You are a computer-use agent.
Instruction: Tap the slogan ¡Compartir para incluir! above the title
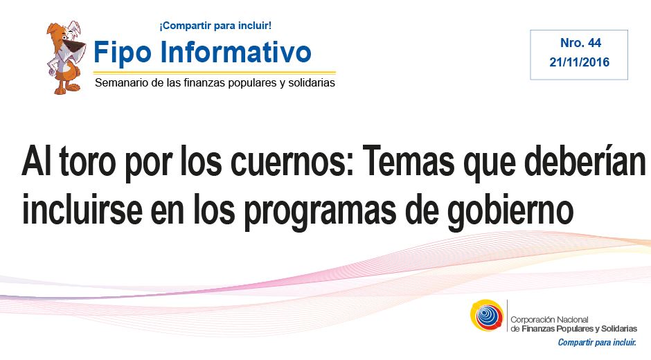pyautogui.click(x=215, y=26)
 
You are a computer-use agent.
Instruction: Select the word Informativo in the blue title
pyautogui.click(x=235, y=51)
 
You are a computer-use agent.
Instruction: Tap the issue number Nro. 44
pyautogui.click(x=580, y=43)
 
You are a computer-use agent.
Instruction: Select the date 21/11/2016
pyautogui.click(x=579, y=62)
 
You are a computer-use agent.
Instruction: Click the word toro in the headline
pyautogui.click(x=87, y=161)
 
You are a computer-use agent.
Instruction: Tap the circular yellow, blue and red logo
pyautogui.click(x=487, y=315)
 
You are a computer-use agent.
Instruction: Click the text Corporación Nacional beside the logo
pyautogui.click(x=549, y=320)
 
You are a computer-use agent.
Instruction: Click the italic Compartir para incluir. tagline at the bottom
pyautogui.click(x=597, y=343)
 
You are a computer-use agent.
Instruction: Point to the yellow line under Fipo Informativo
pyautogui.click(x=215, y=72)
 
